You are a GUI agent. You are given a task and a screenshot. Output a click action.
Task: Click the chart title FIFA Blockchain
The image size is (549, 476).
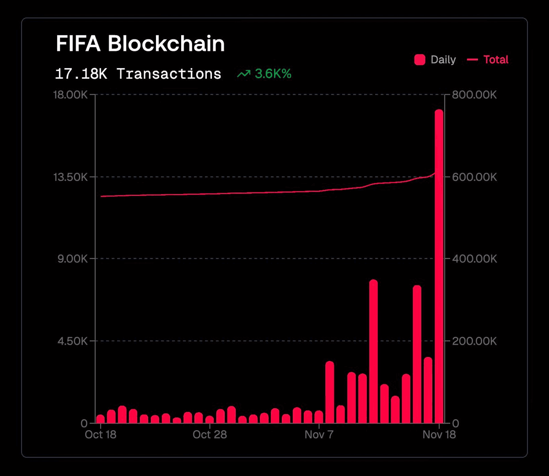pyautogui.click(x=140, y=44)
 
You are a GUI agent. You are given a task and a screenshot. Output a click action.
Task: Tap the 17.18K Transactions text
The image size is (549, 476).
pyautogui.click(x=138, y=74)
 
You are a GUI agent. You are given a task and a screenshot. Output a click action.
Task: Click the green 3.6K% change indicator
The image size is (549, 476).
pyautogui.click(x=265, y=74)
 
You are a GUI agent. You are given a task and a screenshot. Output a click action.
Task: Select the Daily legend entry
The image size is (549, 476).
pyautogui.click(x=435, y=59)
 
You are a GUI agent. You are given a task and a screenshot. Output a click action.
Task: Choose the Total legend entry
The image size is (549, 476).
pyautogui.click(x=488, y=59)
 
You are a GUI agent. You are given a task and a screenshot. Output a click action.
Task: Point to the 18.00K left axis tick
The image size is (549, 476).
pyautogui.click(x=70, y=95)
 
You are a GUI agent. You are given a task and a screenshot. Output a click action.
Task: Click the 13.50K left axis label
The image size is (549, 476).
pyautogui.click(x=70, y=177)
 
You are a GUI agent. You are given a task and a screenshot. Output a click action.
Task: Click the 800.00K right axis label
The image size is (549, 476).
pyautogui.click(x=474, y=95)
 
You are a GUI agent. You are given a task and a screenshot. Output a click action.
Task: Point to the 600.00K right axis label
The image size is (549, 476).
pyautogui.click(x=474, y=177)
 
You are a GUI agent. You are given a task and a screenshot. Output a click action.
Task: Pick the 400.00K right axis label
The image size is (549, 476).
pyautogui.click(x=474, y=259)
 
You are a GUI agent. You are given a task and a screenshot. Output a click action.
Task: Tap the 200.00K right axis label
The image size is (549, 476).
pyautogui.click(x=474, y=341)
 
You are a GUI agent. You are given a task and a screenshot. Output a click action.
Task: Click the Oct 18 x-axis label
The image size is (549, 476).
pyautogui.click(x=101, y=435)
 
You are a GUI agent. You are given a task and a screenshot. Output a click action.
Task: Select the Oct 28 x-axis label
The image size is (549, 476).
pyautogui.click(x=210, y=435)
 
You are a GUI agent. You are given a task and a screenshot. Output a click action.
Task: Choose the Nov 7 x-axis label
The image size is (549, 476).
pyautogui.click(x=319, y=435)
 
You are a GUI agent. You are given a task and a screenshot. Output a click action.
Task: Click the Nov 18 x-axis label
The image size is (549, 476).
pyautogui.click(x=439, y=435)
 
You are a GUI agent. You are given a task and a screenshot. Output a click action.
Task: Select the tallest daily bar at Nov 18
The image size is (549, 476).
pyautogui.click(x=439, y=265)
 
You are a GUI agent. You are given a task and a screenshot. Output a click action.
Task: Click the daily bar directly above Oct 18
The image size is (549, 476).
pyautogui.click(x=101, y=419)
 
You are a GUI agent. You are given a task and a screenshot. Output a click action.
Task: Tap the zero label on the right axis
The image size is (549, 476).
pyautogui.click(x=455, y=423)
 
